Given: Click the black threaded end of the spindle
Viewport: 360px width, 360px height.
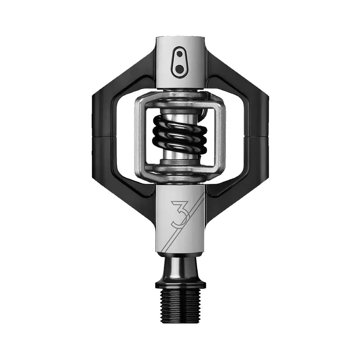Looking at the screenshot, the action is [180, 305].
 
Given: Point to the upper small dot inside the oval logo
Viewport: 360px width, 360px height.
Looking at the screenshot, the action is [180, 54].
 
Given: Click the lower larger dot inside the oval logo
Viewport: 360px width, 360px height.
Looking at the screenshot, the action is [180, 68].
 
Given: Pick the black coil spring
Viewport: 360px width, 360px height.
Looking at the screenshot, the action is [180, 135].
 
